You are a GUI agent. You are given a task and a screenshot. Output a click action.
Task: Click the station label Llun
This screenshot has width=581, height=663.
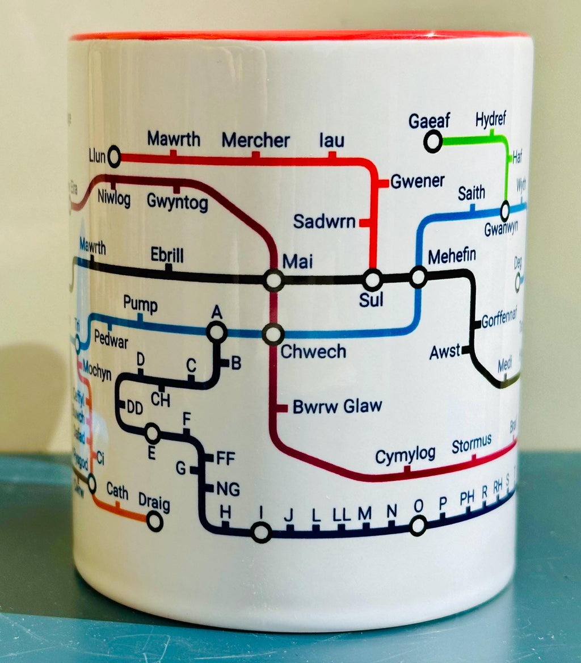(97, 156)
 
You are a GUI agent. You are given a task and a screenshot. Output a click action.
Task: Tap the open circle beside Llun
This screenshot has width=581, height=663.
(114, 156)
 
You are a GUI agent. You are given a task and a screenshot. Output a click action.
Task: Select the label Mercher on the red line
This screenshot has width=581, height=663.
(255, 140)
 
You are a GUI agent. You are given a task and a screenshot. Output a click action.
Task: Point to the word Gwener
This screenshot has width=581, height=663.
(418, 181)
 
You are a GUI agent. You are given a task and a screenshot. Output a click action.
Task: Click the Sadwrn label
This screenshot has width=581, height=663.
(324, 221)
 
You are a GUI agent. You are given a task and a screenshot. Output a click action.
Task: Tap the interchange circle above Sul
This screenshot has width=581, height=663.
(373, 279)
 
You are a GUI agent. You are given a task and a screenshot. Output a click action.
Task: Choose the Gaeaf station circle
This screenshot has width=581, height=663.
(433, 141)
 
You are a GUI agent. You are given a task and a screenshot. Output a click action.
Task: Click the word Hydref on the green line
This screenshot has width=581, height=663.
(491, 120)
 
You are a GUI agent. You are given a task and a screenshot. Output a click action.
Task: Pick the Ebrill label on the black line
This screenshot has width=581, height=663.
(167, 254)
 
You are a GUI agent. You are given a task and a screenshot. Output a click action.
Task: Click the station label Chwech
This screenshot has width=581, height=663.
(313, 351)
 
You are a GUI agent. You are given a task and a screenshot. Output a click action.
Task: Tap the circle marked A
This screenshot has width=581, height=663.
(217, 331)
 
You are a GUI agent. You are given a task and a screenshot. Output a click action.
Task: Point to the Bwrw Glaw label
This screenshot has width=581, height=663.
(337, 407)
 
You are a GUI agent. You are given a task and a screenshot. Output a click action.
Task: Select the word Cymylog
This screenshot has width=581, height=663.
(405, 455)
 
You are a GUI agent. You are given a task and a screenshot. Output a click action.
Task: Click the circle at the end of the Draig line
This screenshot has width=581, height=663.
(154, 521)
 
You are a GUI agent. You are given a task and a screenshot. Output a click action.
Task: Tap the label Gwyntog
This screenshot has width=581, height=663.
(177, 201)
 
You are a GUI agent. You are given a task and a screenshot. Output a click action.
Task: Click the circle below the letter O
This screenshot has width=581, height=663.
(418, 526)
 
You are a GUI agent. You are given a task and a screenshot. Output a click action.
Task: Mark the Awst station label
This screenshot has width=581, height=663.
(445, 352)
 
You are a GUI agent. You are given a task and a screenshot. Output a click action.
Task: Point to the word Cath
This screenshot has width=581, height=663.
(117, 491)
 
